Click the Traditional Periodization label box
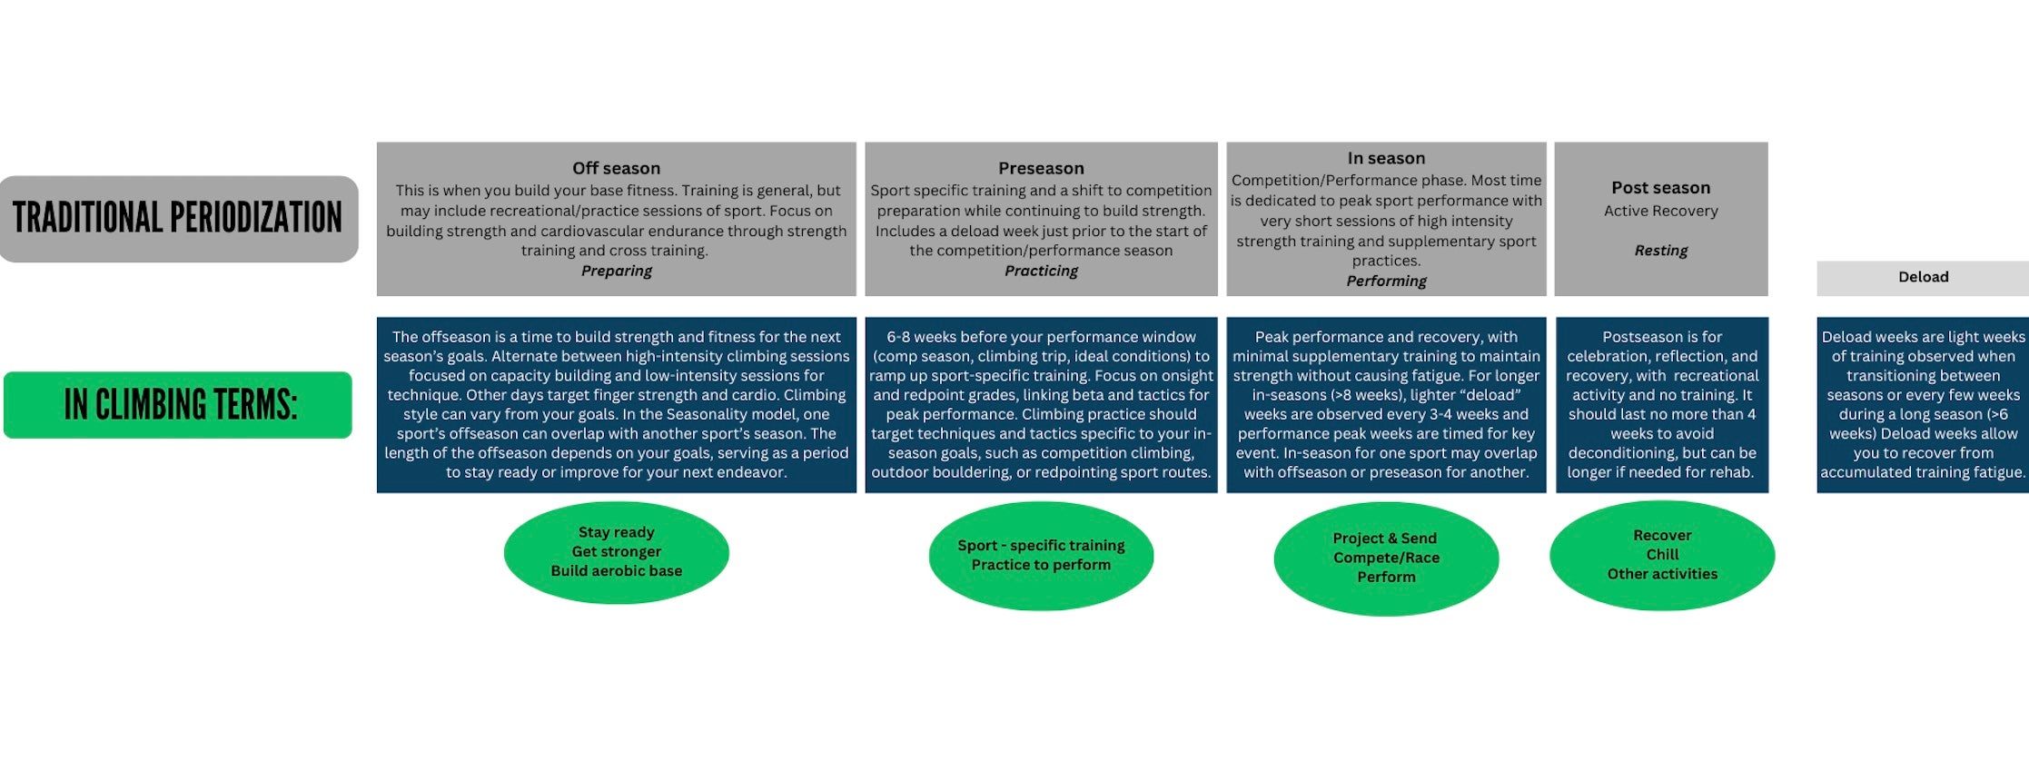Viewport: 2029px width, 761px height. pos(178,219)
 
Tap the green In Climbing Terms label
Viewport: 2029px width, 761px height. pos(178,405)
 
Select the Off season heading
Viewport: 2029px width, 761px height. pos(616,168)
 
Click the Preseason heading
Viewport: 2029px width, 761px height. pos(1041,168)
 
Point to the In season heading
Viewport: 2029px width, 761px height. pos(1386,158)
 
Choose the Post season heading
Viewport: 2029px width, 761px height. pos(1660,188)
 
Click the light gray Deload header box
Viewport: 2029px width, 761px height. pos(1923,278)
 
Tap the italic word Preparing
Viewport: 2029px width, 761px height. pos(616,271)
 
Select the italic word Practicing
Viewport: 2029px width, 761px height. pos(1041,271)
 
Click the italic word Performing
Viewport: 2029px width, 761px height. pos(1386,282)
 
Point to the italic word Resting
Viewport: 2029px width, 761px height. pos(1660,251)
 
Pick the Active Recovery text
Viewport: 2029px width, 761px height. pos(1660,211)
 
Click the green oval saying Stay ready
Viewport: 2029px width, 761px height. pos(616,552)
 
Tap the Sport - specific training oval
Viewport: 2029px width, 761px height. pos(1041,555)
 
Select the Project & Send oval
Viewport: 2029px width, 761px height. pos(1386,558)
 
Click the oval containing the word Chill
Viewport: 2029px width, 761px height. pos(1662,555)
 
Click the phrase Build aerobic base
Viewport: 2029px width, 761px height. pos(616,571)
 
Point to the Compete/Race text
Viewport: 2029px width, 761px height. pos(1386,558)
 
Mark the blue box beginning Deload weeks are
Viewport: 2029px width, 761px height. pos(1923,405)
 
